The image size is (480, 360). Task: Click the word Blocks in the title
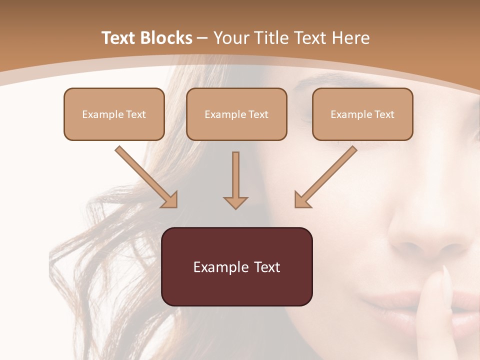coord(166,38)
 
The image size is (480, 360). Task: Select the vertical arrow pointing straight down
coord(235,180)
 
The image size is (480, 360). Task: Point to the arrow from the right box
coord(325,176)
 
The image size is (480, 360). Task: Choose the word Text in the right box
coord(383,114)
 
